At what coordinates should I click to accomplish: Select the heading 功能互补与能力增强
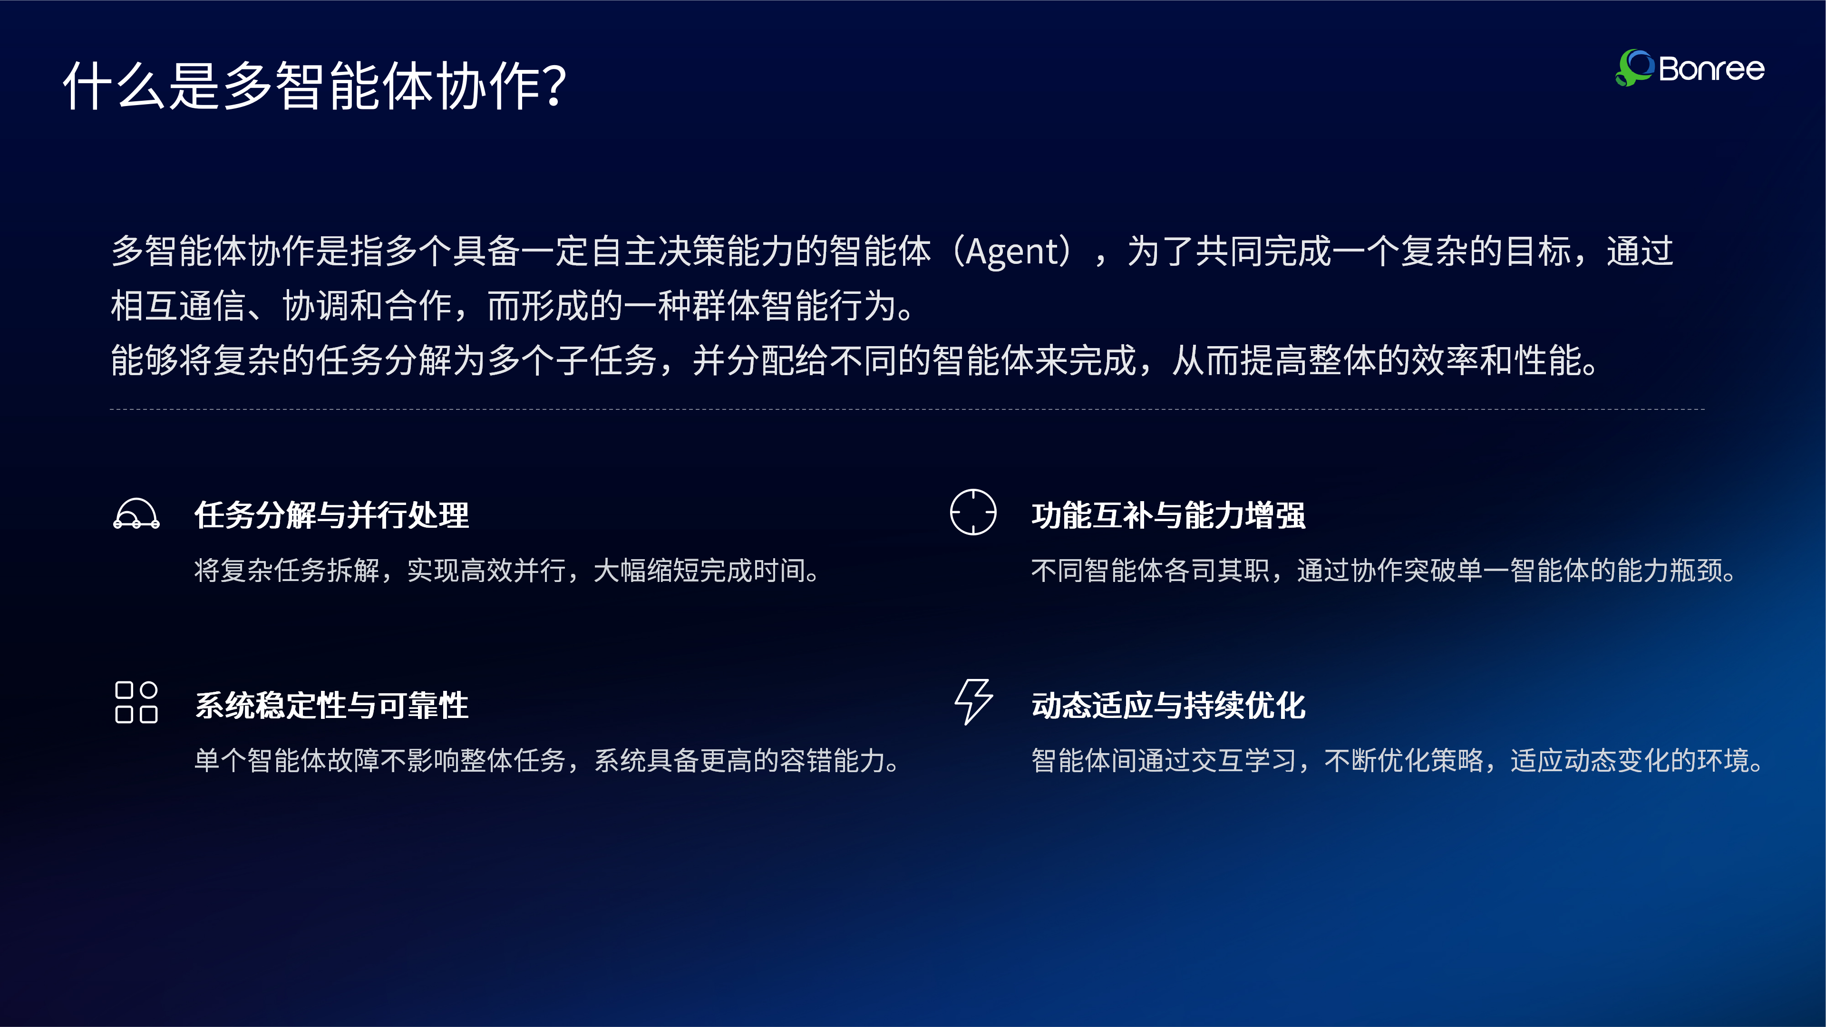(1168, 515)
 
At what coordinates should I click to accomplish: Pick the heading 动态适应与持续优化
(1168, 705)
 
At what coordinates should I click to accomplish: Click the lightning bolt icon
(973, 702)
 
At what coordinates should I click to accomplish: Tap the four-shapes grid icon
(136, 702)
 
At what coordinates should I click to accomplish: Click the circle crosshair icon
(973, 512)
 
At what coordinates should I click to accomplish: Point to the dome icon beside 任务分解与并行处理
(136, 514)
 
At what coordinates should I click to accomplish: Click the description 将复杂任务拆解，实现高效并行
(507, 571)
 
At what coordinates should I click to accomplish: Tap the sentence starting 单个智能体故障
(547, 761)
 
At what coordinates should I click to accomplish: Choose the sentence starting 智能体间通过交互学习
(1397, 761)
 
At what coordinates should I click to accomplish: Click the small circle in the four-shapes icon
(149, 689)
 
